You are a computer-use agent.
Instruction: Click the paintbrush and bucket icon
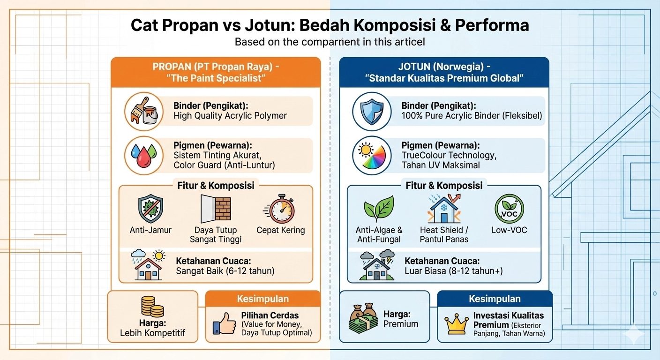(144, 111)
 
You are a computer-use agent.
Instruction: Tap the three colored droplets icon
(143, 155)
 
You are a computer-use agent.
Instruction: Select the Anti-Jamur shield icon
(150, 209)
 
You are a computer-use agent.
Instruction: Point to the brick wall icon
(216, 209)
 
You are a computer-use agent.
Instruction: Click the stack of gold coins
(153, 307)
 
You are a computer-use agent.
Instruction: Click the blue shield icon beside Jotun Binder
(372, 111)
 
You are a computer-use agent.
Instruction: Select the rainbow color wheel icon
(372, 156)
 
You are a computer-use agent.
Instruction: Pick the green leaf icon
(379, 209)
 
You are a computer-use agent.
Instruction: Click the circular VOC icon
(510, 209)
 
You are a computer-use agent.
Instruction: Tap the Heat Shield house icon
(444, 209)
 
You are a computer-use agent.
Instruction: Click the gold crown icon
(457, 323)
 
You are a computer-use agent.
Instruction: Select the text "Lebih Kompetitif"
(153, 333)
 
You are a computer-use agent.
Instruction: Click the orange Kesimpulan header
(263, 299)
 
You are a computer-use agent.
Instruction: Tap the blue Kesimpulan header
(495, 299)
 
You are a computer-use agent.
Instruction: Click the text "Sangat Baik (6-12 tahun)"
(225, 270)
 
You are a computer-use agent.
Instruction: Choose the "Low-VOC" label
(510, 230)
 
